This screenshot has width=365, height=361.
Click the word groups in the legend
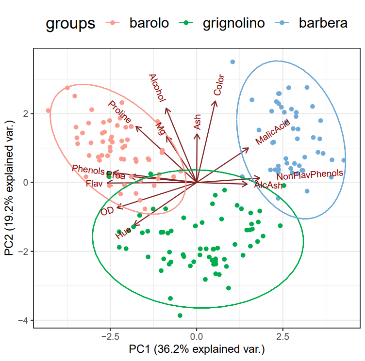click(x=70, y=23)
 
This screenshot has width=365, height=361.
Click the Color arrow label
click(x=219, y=85)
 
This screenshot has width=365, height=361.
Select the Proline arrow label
click(x=119, y=111)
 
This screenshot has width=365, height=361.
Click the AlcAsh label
click(x=268, y=185)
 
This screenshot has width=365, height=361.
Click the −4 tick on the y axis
click(x=22, y=320)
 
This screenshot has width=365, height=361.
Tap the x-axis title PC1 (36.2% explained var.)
click(x=197, y=349)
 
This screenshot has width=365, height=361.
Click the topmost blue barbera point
click(x=232, y=62)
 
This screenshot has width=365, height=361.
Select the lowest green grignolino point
click(x=180, y=315)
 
